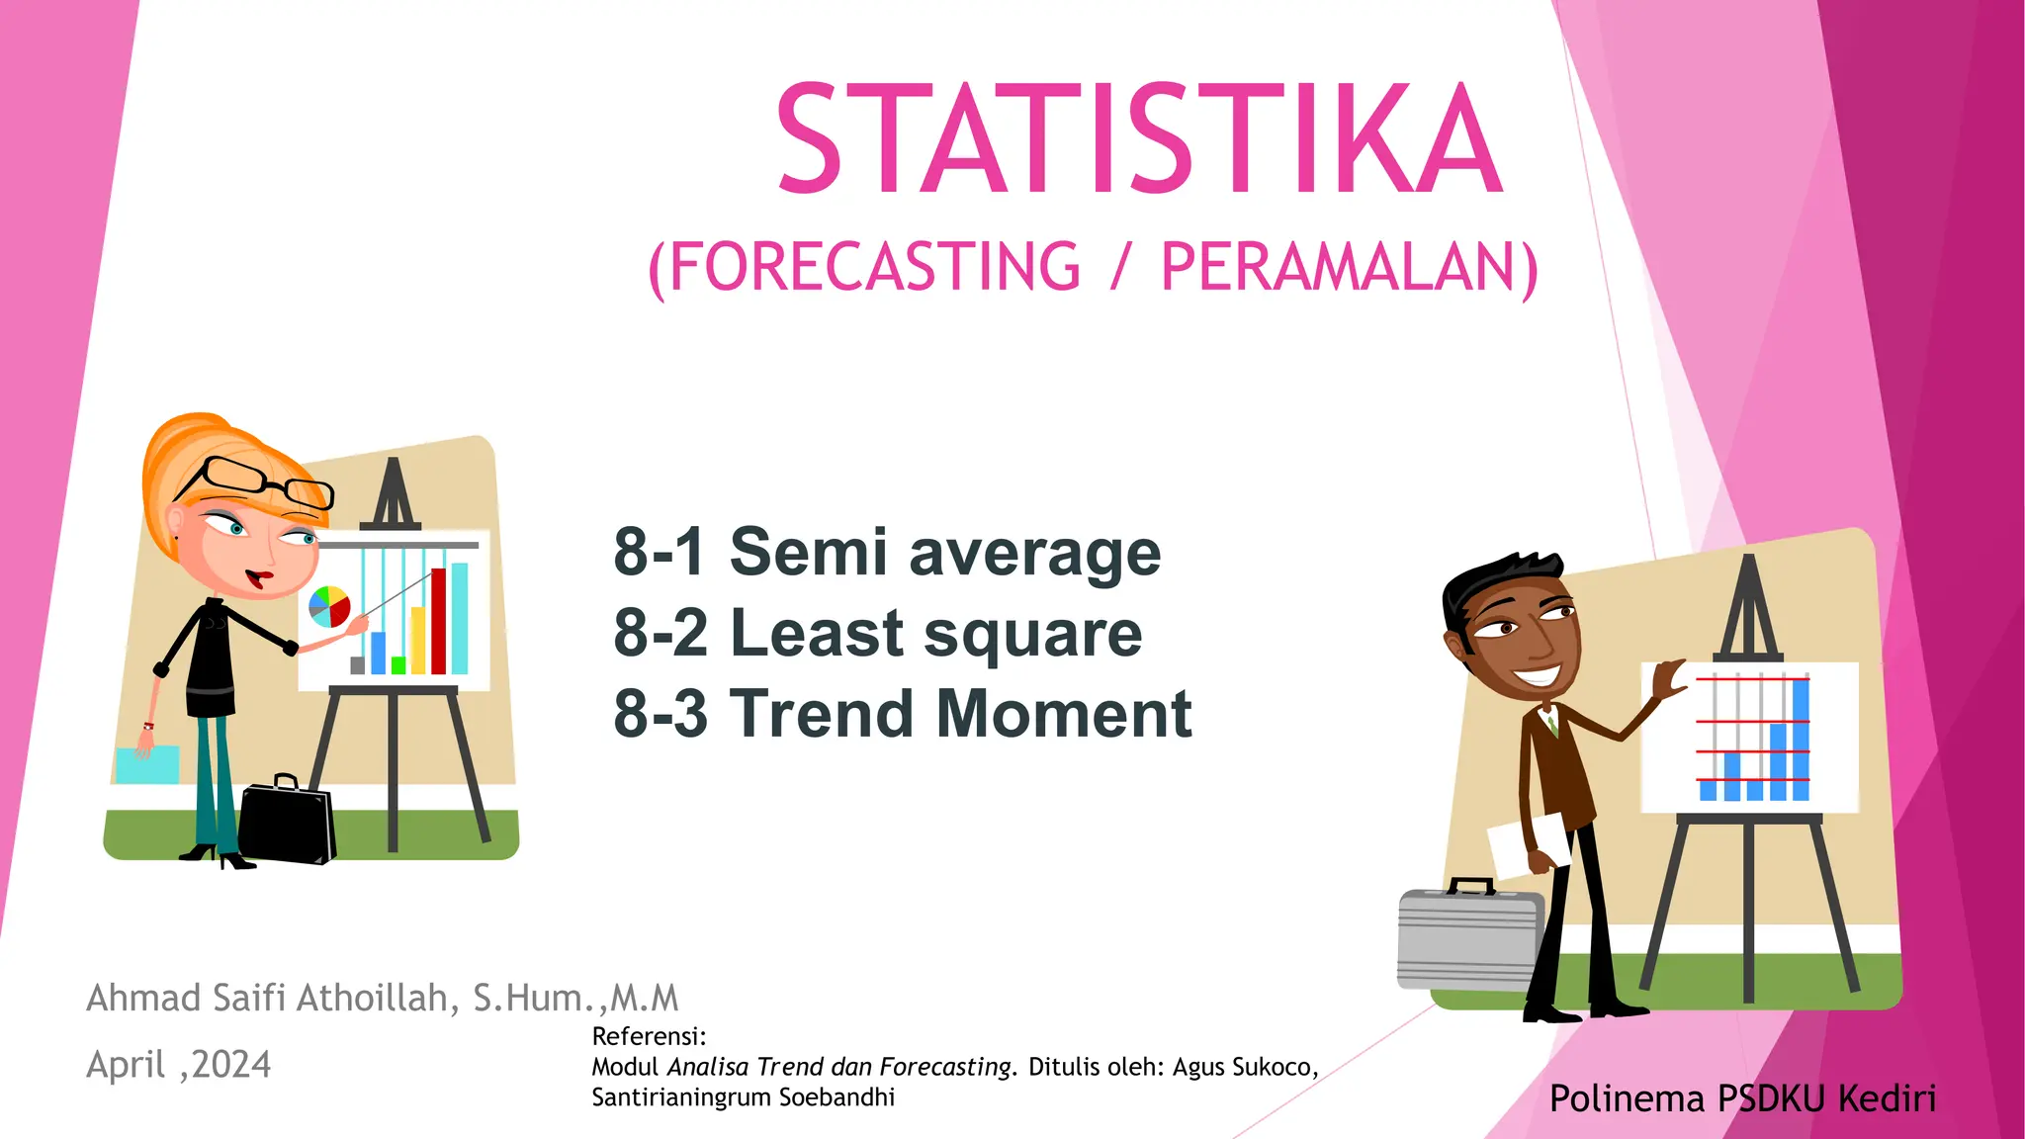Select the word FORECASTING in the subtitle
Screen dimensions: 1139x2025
(x=874, y=267)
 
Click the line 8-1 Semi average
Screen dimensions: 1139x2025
(x=887, y=552)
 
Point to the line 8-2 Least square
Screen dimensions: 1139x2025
(x=877, y=633)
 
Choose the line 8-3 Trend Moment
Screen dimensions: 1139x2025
(x=902, y=713)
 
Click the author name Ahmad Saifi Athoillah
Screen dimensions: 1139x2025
(x=272, y=998)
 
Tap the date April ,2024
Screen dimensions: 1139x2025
(x=178, y=1065)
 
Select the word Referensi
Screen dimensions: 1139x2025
(x=648, y=1036)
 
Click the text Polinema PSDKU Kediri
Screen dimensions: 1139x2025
(x=1742, y=1098)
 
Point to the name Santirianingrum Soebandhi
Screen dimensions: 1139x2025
(x=743, y=1097)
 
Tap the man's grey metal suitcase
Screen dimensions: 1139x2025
(x=1468, y=939)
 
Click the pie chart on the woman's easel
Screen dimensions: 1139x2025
(x=329, y=606)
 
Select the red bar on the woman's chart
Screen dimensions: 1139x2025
(x=438, y=621)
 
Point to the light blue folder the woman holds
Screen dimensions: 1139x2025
(x=148, y=764)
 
